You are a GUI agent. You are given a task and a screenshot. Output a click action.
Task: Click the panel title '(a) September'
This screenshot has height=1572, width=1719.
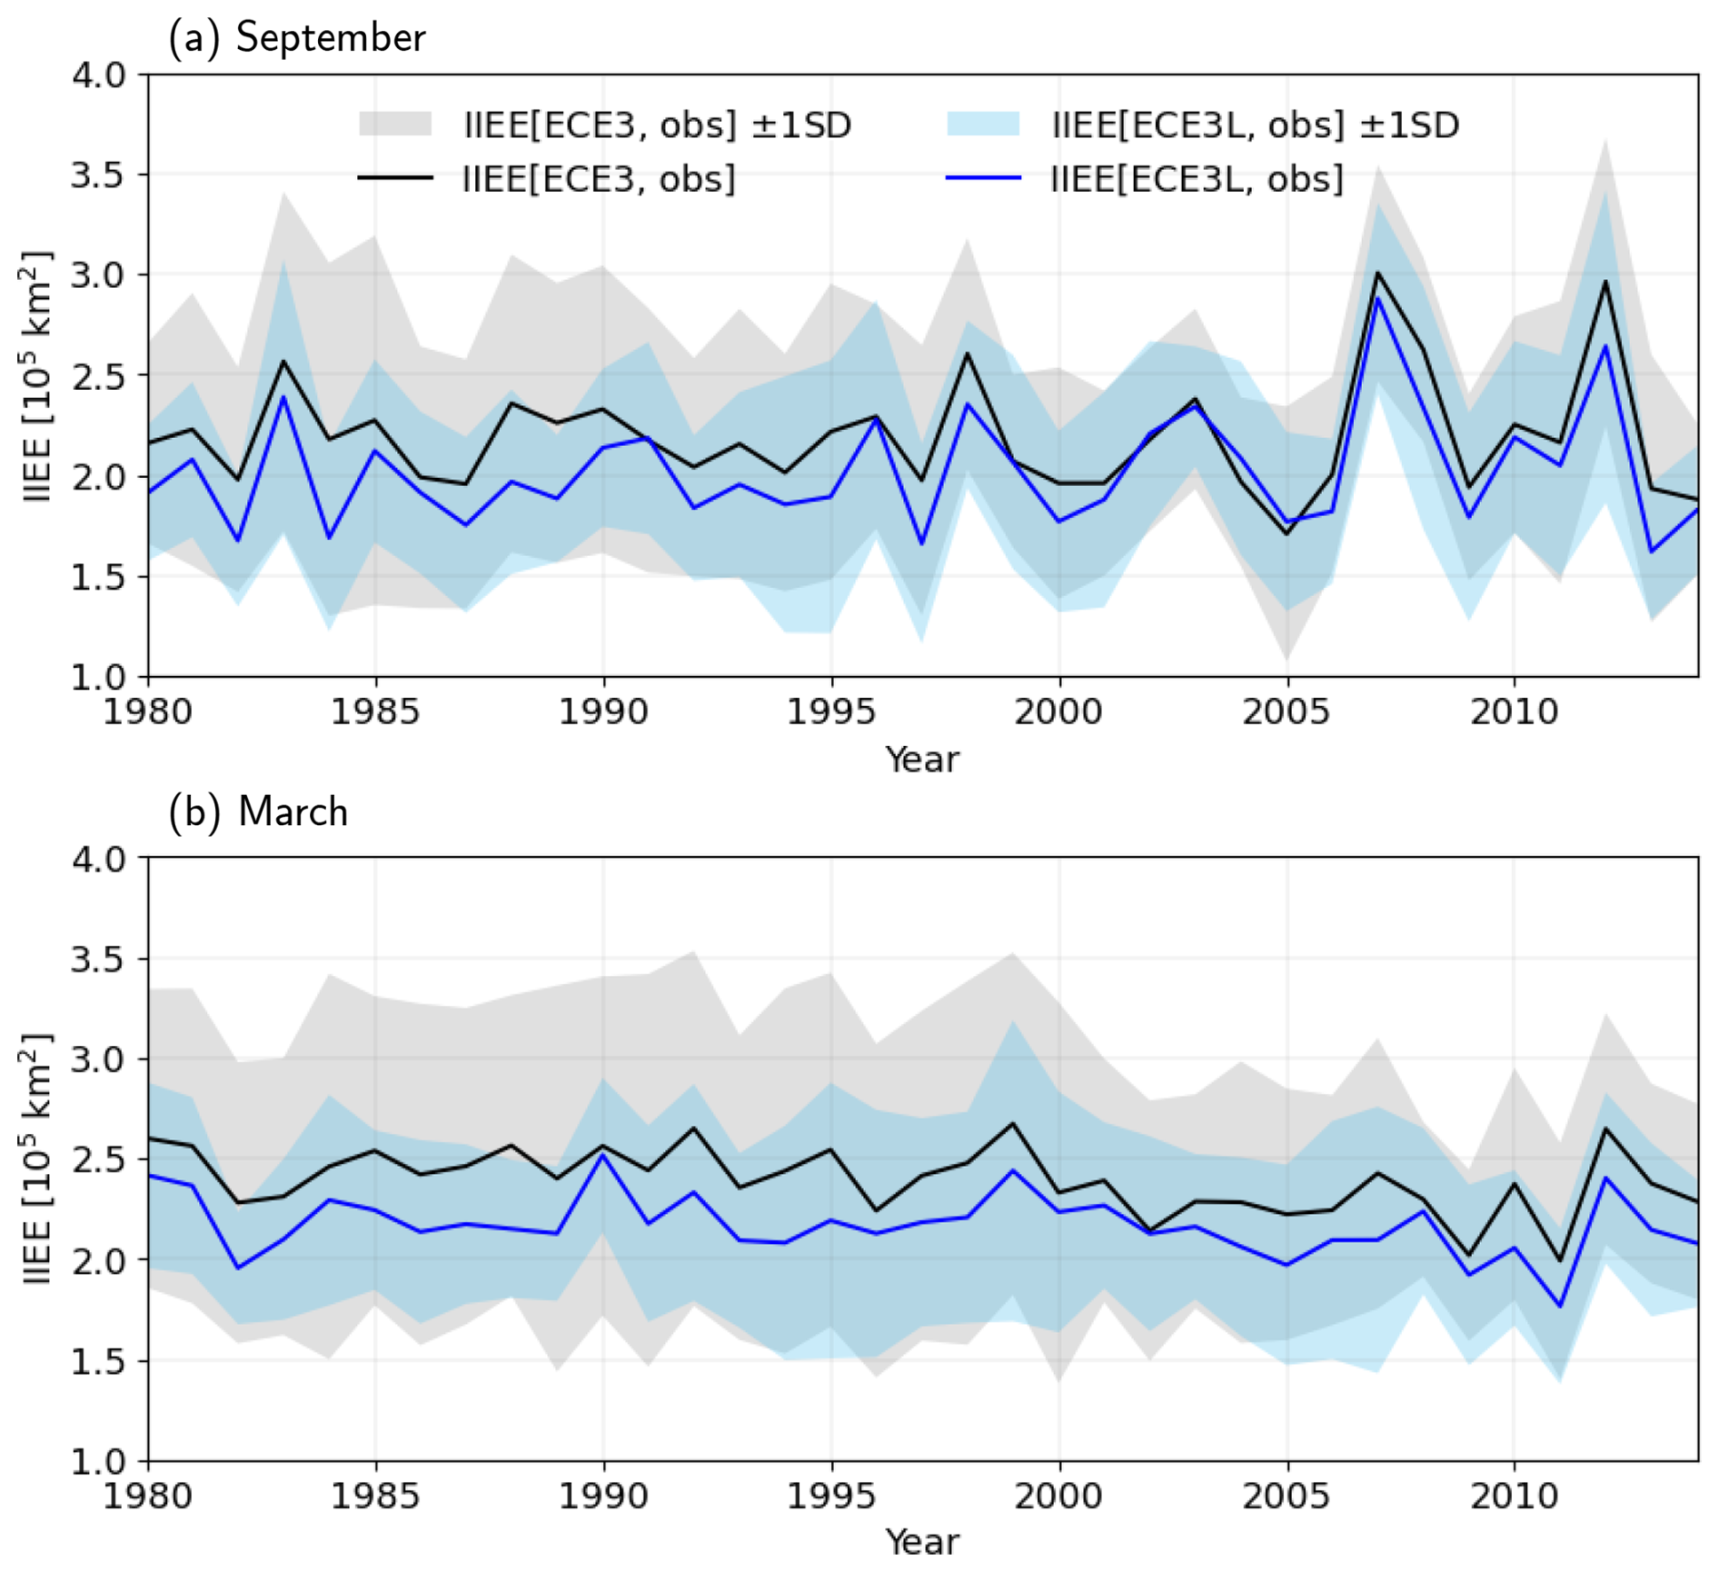(x=297, y=37)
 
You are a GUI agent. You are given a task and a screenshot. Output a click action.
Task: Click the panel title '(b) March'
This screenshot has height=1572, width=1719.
(x=259, y=811)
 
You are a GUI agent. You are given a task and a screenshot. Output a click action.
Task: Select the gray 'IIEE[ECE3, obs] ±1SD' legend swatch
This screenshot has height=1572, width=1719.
(x=395, y=124)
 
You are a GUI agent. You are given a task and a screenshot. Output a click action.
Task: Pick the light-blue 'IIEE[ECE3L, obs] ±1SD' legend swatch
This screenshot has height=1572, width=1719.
(x=983, y=124)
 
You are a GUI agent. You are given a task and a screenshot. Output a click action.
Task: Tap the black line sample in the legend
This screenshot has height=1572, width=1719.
(x=395, y=178)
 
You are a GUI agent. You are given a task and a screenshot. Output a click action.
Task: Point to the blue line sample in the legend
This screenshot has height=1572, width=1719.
(x=983, y=178)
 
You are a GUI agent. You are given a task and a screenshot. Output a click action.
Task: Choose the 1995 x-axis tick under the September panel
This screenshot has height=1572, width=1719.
(x=830, y=711)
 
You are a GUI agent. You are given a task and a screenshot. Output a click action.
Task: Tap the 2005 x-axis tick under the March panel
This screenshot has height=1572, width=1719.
(x=1286, y=1496)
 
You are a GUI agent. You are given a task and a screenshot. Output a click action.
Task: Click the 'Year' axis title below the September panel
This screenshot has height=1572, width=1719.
(x=922, y=760)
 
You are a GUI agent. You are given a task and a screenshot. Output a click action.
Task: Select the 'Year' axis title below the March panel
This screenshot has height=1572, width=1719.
(x=922, y=1543)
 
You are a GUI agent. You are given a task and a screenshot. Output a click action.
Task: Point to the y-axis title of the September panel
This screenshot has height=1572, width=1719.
(x=36, y=376)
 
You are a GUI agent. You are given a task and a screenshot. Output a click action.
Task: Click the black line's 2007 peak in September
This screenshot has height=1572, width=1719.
(x=1377, y=273)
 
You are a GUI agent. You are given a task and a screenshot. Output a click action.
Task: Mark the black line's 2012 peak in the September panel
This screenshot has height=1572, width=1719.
(x=1605, y=281)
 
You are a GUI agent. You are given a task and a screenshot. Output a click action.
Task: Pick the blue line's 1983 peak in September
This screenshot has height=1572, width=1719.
(x=284, y=397)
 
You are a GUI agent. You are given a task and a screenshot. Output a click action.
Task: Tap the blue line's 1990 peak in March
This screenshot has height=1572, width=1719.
(x=603, y=1155)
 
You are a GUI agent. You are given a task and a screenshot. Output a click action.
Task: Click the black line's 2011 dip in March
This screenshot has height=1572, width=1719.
(x=1560, y=1261)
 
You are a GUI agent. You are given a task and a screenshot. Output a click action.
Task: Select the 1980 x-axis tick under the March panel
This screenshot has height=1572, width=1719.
(x=148, y=1496)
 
